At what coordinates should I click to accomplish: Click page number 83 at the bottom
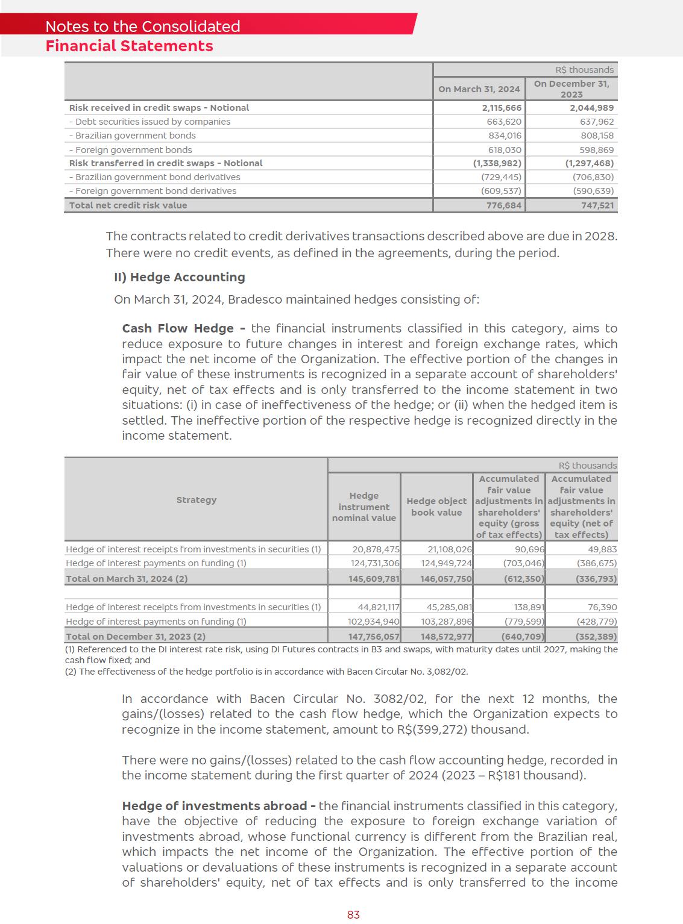(353, 914)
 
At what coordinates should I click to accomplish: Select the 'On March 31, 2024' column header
(479, 89)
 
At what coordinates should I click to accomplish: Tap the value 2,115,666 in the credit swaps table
(502, 108)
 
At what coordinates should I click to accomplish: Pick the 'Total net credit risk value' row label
(128, 205)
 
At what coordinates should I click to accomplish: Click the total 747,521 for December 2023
(592, 205)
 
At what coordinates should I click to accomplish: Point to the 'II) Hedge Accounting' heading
(180, 277)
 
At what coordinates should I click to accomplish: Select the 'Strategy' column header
(196, 500)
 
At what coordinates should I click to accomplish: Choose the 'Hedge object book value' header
(436, 507)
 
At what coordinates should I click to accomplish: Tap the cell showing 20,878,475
(376, 549)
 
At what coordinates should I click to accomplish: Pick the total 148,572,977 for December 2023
(446, 637)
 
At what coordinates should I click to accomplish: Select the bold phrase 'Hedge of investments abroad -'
(219, 806)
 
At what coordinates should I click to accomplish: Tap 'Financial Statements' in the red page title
(129, 46)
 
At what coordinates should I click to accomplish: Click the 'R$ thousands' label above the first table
(584, 70)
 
